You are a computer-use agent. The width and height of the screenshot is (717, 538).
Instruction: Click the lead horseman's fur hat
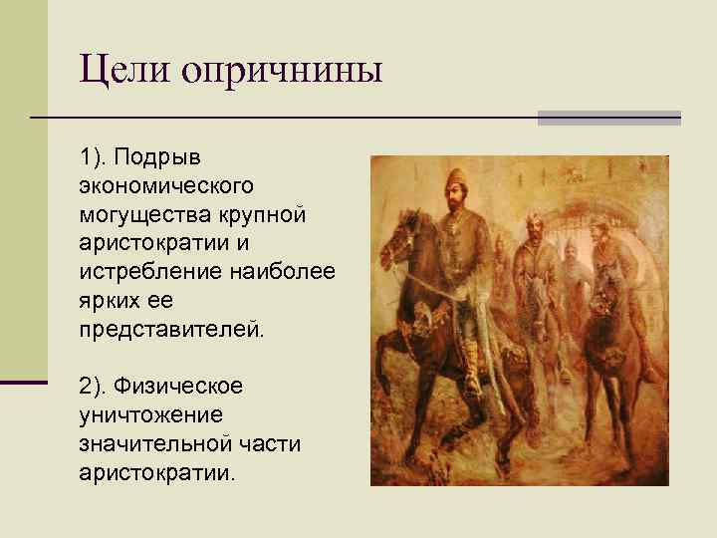pos(457,181)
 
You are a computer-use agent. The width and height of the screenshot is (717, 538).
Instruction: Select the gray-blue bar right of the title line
pos(608,118)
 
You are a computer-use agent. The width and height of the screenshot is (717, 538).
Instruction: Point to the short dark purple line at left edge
pos(24,382)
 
